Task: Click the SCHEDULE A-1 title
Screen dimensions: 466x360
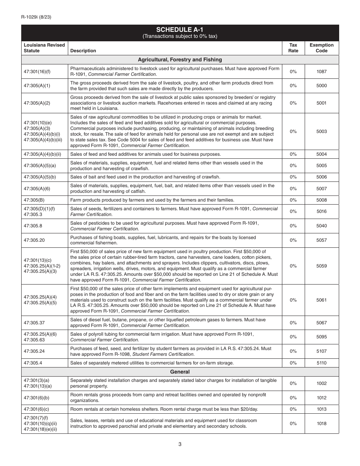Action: pos(180,30)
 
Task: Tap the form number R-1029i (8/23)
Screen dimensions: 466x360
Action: pos(36,17)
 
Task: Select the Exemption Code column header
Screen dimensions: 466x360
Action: pos(321,48)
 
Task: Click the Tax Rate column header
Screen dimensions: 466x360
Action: pos(293,48)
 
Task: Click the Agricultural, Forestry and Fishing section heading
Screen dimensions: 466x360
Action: pos(180,60)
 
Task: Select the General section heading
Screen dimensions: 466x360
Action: pos(180,372)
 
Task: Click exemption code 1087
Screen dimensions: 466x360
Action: pos(321,72)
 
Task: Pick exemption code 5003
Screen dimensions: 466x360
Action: pos(321,131)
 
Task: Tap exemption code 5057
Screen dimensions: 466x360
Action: pos(321,240)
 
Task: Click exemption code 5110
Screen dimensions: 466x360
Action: pos(321,363)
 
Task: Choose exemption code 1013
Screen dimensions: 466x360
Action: pos(321,409)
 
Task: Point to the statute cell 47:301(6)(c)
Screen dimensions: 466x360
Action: pos(36,409)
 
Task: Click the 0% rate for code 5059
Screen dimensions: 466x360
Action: pos(293,266)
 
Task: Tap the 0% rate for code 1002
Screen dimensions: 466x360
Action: pos(293,383)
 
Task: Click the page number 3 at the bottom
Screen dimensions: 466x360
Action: pos(180,444)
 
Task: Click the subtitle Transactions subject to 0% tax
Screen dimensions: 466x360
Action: pos(180,36)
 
